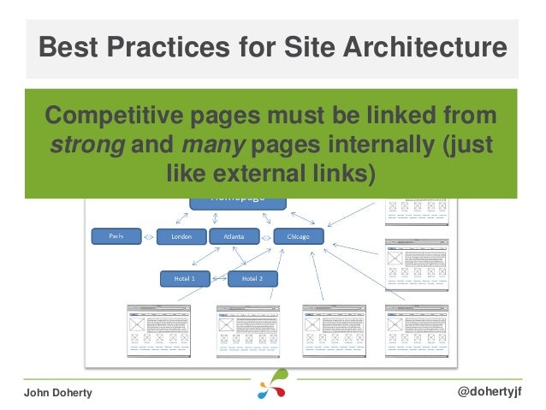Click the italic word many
(210, 144)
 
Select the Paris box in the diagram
(117, 236)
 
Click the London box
(181, 236)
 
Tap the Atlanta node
(234, 236)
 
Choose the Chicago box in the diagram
(298, 236)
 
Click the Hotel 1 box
(186, 278)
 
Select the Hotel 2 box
(252, 278)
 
